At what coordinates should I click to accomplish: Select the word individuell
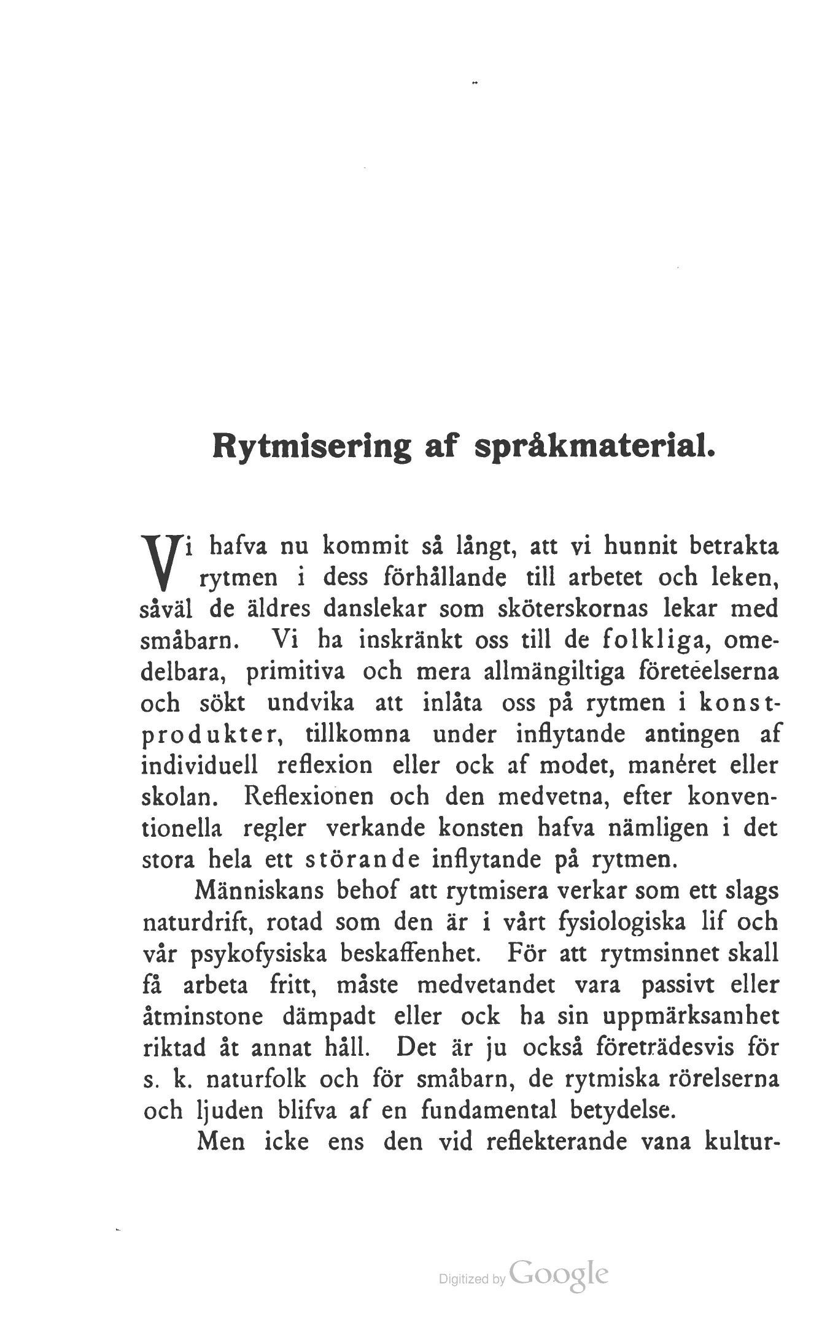[203, 766]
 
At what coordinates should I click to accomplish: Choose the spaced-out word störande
[354, 860]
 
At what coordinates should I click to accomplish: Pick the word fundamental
[488, 1111]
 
